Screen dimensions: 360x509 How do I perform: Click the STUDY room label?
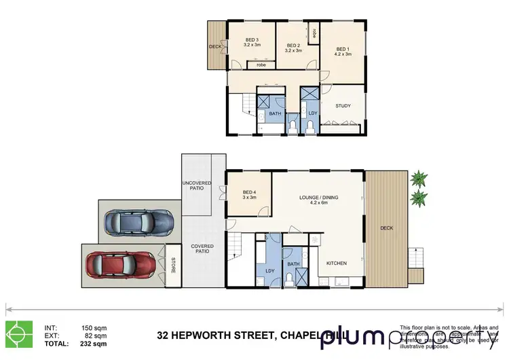point(344,106)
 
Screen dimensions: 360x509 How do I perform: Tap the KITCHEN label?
point(337,263)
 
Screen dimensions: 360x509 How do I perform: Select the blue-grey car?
point(138,221)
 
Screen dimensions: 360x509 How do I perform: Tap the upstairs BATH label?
point(275,113)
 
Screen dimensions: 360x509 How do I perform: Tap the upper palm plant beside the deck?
point(419,179)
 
